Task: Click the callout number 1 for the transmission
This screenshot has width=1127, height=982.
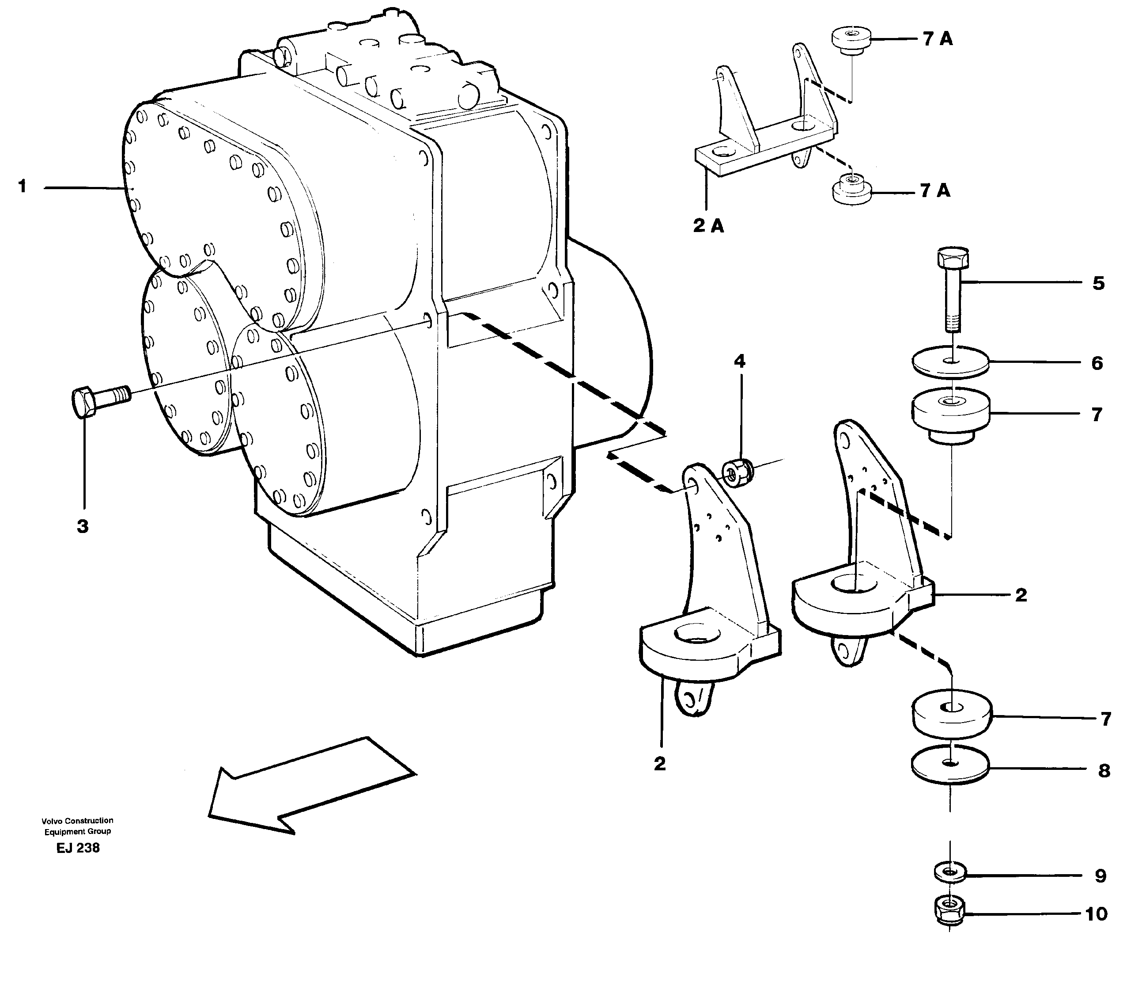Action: (x=22, y=187)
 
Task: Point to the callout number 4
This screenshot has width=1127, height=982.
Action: (x=739, y=361)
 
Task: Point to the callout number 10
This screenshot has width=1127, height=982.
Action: (x=1096, y=914)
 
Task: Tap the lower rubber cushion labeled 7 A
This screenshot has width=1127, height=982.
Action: (x=851, y=190)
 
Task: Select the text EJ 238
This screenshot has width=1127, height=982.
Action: (x=78, y=848)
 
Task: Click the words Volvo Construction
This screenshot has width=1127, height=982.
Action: (x=77, y=821)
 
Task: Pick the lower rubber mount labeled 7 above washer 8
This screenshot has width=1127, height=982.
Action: (x=952, y=716)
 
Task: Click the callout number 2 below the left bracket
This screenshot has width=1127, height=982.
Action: (x=659, y=763)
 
